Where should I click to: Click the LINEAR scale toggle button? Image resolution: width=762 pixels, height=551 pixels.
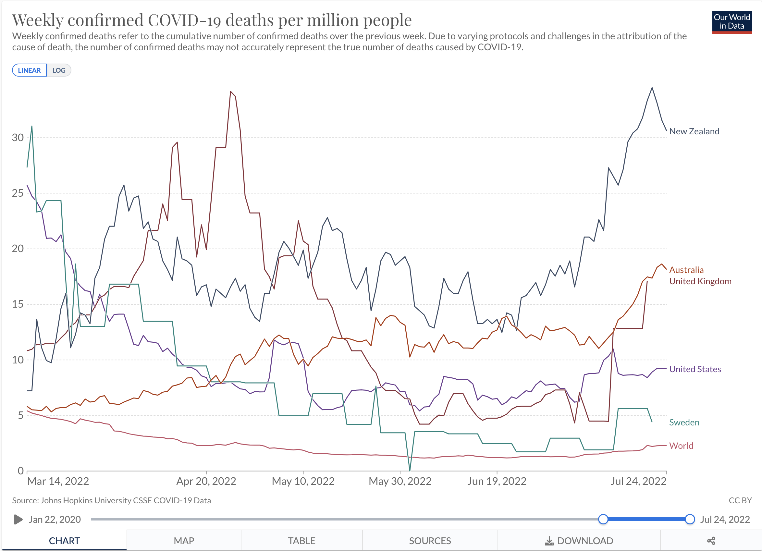pyautogui.click(x=29, y=70)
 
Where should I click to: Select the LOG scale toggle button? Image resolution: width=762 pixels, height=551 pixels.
pyautogui.click(x=59, y=70)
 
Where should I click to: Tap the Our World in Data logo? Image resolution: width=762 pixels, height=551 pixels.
pyautogui.click(x=731, y=22)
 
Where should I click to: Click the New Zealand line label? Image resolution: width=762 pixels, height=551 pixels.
pyautogui.click(x=694, y=131)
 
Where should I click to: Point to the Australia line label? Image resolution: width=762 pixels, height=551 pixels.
pyautogui.click(x=686, y=270)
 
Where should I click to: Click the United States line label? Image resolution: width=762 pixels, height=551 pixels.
pyautogui.click(x=695, y=369)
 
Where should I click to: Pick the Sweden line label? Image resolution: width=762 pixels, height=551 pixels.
pyautogui.click(x=684, y=422)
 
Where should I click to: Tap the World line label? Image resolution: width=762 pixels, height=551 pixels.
pyautogui.click(x=681, y=446)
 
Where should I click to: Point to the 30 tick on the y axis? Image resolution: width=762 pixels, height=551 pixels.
pyautogui.click(x=18, y=137)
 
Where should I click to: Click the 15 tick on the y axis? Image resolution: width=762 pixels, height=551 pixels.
pyautogui.click(x=18, y=304)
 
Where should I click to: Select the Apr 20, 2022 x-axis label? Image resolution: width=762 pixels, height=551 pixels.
pyautogui.click(x=206, y=481)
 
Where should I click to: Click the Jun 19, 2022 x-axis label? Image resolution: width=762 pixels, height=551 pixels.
pyautogui.click(x=497, y=481)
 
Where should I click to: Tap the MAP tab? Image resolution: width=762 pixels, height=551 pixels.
pyautogui.click(x=184, y=541)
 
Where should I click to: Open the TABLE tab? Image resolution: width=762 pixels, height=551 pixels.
pyautogui.click(x=301, y=541)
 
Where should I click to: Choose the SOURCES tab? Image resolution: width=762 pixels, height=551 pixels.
pyautogui.click(x=430, y=541)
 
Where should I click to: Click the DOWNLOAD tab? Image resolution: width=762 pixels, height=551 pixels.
pyautogui.click(x=579, y=541)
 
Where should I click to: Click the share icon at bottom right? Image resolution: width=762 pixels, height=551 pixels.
pyautogui.click(x=711, y=541)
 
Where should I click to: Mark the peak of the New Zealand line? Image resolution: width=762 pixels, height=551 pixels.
pyautogui.click(x=652, y=88)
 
